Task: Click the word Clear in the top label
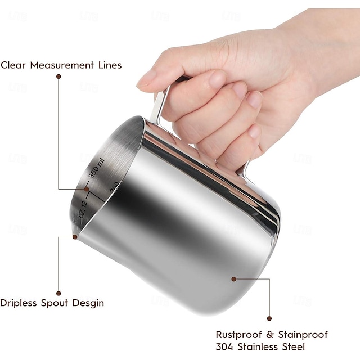click(x=12, y=65)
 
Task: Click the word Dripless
click(x=20, y=303)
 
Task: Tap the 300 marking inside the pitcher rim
click(x=113, y=186)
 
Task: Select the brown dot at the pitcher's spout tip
click(x=75, y=237)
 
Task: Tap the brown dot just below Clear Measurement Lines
click(x=58, y=76)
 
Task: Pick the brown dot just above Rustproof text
click(x=269, y=318)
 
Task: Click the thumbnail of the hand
click(x=145, y=76)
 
